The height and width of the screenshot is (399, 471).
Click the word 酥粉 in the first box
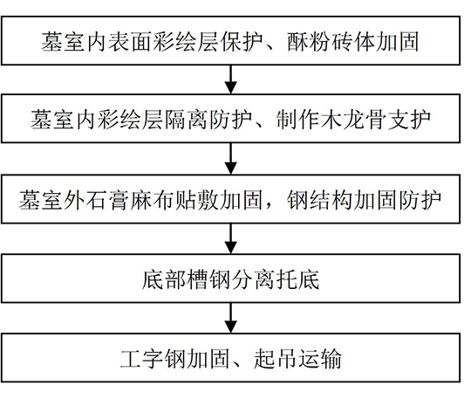[309, 41]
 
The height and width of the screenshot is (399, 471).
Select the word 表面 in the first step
[130, 41]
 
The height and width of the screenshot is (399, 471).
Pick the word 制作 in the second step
[298, 120]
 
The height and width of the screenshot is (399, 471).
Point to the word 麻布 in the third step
[153, 200]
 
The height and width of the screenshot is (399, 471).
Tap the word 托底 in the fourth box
[297, 279]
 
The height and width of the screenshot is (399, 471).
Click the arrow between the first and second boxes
[230, 79]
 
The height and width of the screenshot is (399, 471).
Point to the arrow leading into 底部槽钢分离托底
[230, 238]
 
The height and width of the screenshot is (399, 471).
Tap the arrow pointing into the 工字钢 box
[230, 318]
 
